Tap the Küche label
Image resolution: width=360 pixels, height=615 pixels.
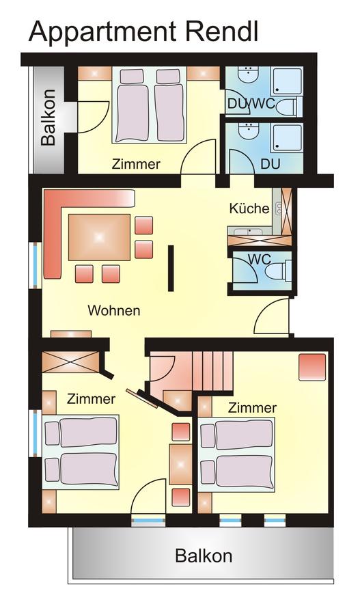pyautogui.click(x=249, y=208)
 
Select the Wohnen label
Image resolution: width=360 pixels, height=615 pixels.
pyautogui.click(x=113, y=310)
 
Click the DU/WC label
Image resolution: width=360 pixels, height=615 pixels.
pyautogui.click(x=252, y=104)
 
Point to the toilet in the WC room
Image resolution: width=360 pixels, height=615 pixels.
pyautogui.click(x=278, y=271)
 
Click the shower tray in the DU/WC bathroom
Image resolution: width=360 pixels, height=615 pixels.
pyautogui.click(x=288, y=81)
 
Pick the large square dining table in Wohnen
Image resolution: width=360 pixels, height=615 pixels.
pyautogui.click(x=99, y=237)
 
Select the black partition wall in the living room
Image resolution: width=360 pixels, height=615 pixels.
pyautogui.click(x=171, y=269)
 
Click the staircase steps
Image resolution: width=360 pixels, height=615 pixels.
pyautogui.click(x=212, y=370)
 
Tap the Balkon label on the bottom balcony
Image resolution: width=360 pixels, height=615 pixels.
pyautogui.click(x=204, y=556)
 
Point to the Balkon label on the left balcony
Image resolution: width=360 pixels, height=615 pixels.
pyautogui.click(x=49, y=118)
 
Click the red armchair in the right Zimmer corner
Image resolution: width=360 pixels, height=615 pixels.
pyautogui.click(x=312, y=367)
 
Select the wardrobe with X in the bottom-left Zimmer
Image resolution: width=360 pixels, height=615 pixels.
pyautogui.click(x=70, y=361)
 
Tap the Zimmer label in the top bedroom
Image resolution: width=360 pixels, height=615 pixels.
pyautogui.click(x=136, y=163)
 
